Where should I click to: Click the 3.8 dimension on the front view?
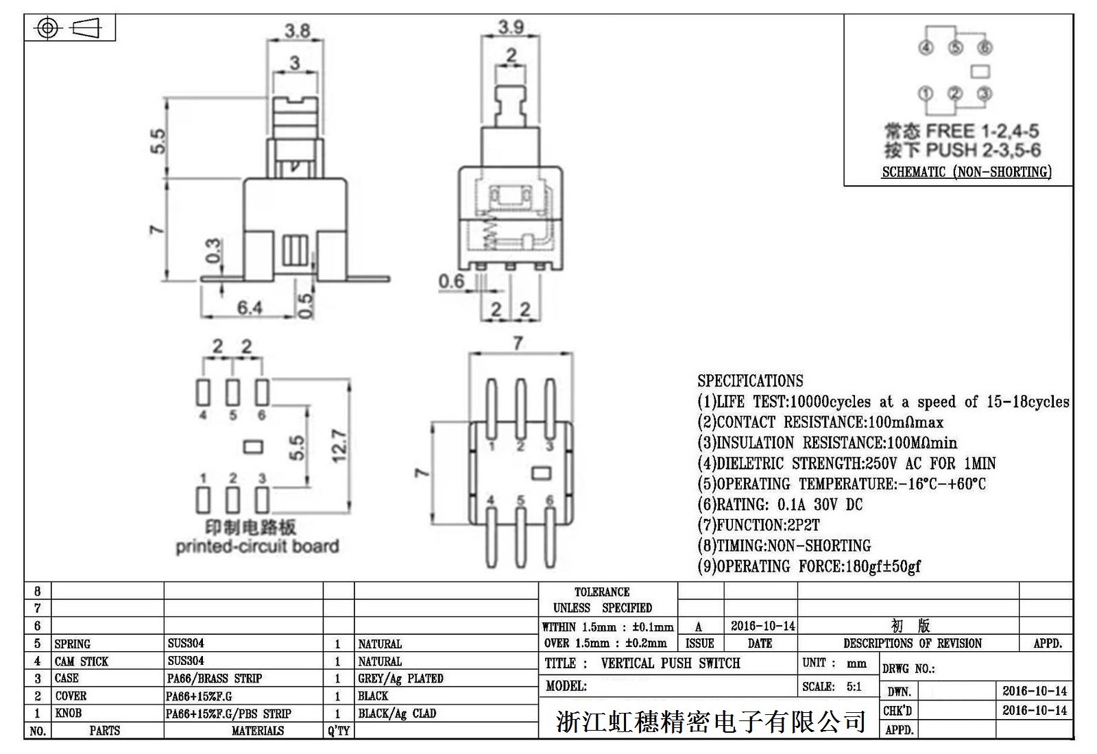click(298, 31)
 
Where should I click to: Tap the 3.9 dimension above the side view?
click(511, 27)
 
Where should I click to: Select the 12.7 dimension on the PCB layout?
click(340, 446)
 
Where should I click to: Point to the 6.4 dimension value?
click(250, 308)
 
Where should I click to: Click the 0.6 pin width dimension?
click(451, 281)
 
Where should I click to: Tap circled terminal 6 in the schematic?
click(985, 48)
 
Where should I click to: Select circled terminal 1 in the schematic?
click(926, 94)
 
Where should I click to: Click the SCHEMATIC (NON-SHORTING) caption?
click(966, 172)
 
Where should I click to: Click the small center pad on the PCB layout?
click(253, 448)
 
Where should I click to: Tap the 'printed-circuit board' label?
click(257, 546)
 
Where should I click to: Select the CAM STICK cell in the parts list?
click(82, 661)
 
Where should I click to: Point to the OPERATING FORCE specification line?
click(809, 567)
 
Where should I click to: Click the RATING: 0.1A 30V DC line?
click(780, 505)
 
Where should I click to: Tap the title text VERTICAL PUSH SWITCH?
click(670, 664)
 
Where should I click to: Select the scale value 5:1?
click(854, 687)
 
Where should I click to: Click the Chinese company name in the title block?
click(710, 721)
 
